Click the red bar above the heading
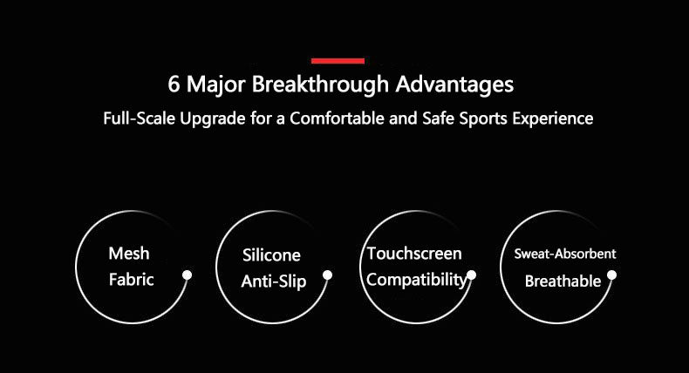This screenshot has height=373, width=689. [338, 61]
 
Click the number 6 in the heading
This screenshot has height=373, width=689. [174, 86]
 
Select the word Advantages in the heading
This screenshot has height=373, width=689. [454, 86]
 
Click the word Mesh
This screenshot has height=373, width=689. [129, 254]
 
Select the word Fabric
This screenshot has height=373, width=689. [130, 280]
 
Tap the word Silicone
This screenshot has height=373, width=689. [271, 255]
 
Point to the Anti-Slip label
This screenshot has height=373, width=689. [274, 281]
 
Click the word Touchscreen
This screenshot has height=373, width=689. [414, 254]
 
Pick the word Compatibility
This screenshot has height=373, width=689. [416, 280]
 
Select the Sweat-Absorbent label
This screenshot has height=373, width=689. [564, 254]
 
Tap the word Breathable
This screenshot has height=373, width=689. [563, 281]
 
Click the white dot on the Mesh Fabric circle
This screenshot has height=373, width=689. [187, 275]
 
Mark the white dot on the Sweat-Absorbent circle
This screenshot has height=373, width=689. [611, 275]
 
